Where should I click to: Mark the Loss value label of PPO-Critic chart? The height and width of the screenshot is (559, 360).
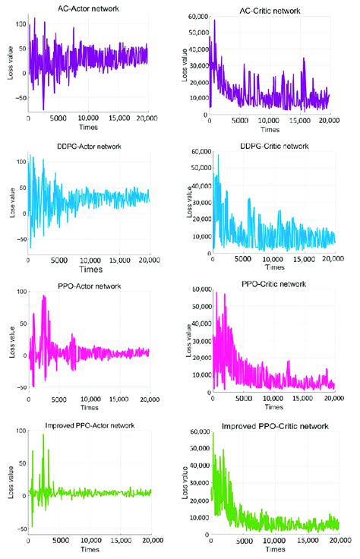point(187,340)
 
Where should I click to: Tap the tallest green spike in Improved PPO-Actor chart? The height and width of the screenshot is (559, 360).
point(43,434)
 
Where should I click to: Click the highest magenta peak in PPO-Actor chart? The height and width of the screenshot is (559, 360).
point(44,296)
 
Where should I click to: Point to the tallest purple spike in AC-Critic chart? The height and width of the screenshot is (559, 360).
point(215,21)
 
